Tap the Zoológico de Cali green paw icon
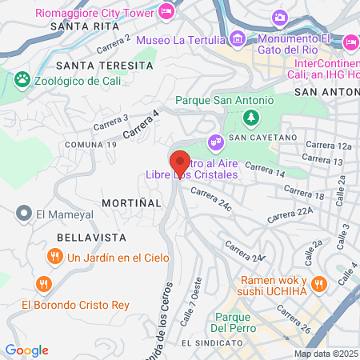22,80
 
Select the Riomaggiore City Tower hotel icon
167,11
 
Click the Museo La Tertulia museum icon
237,38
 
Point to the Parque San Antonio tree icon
252,118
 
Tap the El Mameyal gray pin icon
22,214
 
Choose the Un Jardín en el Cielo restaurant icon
54,257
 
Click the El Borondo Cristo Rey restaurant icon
44,284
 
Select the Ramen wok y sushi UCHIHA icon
319,283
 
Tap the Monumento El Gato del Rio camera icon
279,18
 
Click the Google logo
26,350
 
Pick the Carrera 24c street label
210,197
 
